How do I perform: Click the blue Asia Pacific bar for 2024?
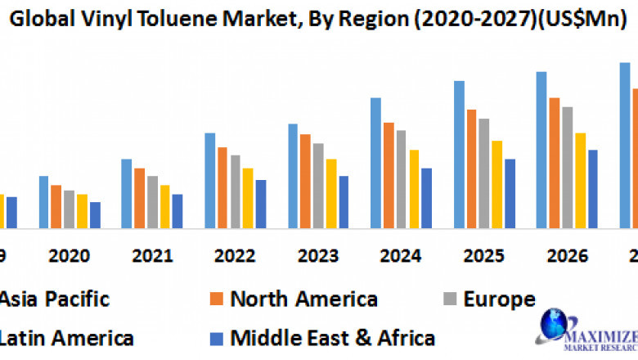tap(375, 163)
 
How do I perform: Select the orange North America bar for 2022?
tap(222, 187)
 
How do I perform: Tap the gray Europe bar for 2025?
tap(483, 173)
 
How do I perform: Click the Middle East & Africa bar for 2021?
tap(177, 210)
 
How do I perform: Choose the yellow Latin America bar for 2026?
tap(580, 180)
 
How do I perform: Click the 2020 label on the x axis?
tap(69, 256)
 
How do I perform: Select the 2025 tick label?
tap(483, 256)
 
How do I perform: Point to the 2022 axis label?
tap(235, 256)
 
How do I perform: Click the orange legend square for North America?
tap(216, 299)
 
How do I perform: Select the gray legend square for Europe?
tap(449, 299)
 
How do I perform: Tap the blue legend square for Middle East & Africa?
tap(216, 336)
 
